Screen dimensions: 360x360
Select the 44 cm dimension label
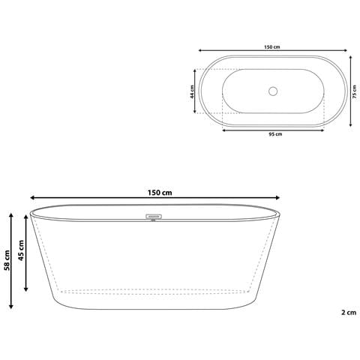tap(193, 92)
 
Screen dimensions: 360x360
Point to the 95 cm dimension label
tap(274, 134)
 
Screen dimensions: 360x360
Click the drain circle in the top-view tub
tap(273, 92)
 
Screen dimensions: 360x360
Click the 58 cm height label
tap(6, 259)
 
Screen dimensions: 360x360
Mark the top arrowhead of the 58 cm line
tap(11, 214)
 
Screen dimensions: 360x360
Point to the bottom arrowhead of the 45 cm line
tap(27, 290)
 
